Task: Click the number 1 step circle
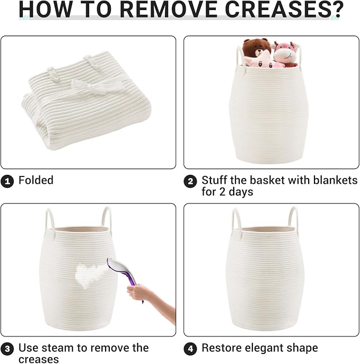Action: [x=7, y=181]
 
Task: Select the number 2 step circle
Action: [x=190, y=181]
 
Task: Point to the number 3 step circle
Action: [x=7, y=349]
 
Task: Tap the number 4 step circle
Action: [x=190, y=349]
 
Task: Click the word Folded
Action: [x=36, y=180]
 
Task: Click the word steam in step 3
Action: [x=58, y=348]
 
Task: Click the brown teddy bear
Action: [x=257, y=49]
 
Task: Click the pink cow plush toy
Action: [x=285, y=55]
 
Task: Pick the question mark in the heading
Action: [x=336, y=9]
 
